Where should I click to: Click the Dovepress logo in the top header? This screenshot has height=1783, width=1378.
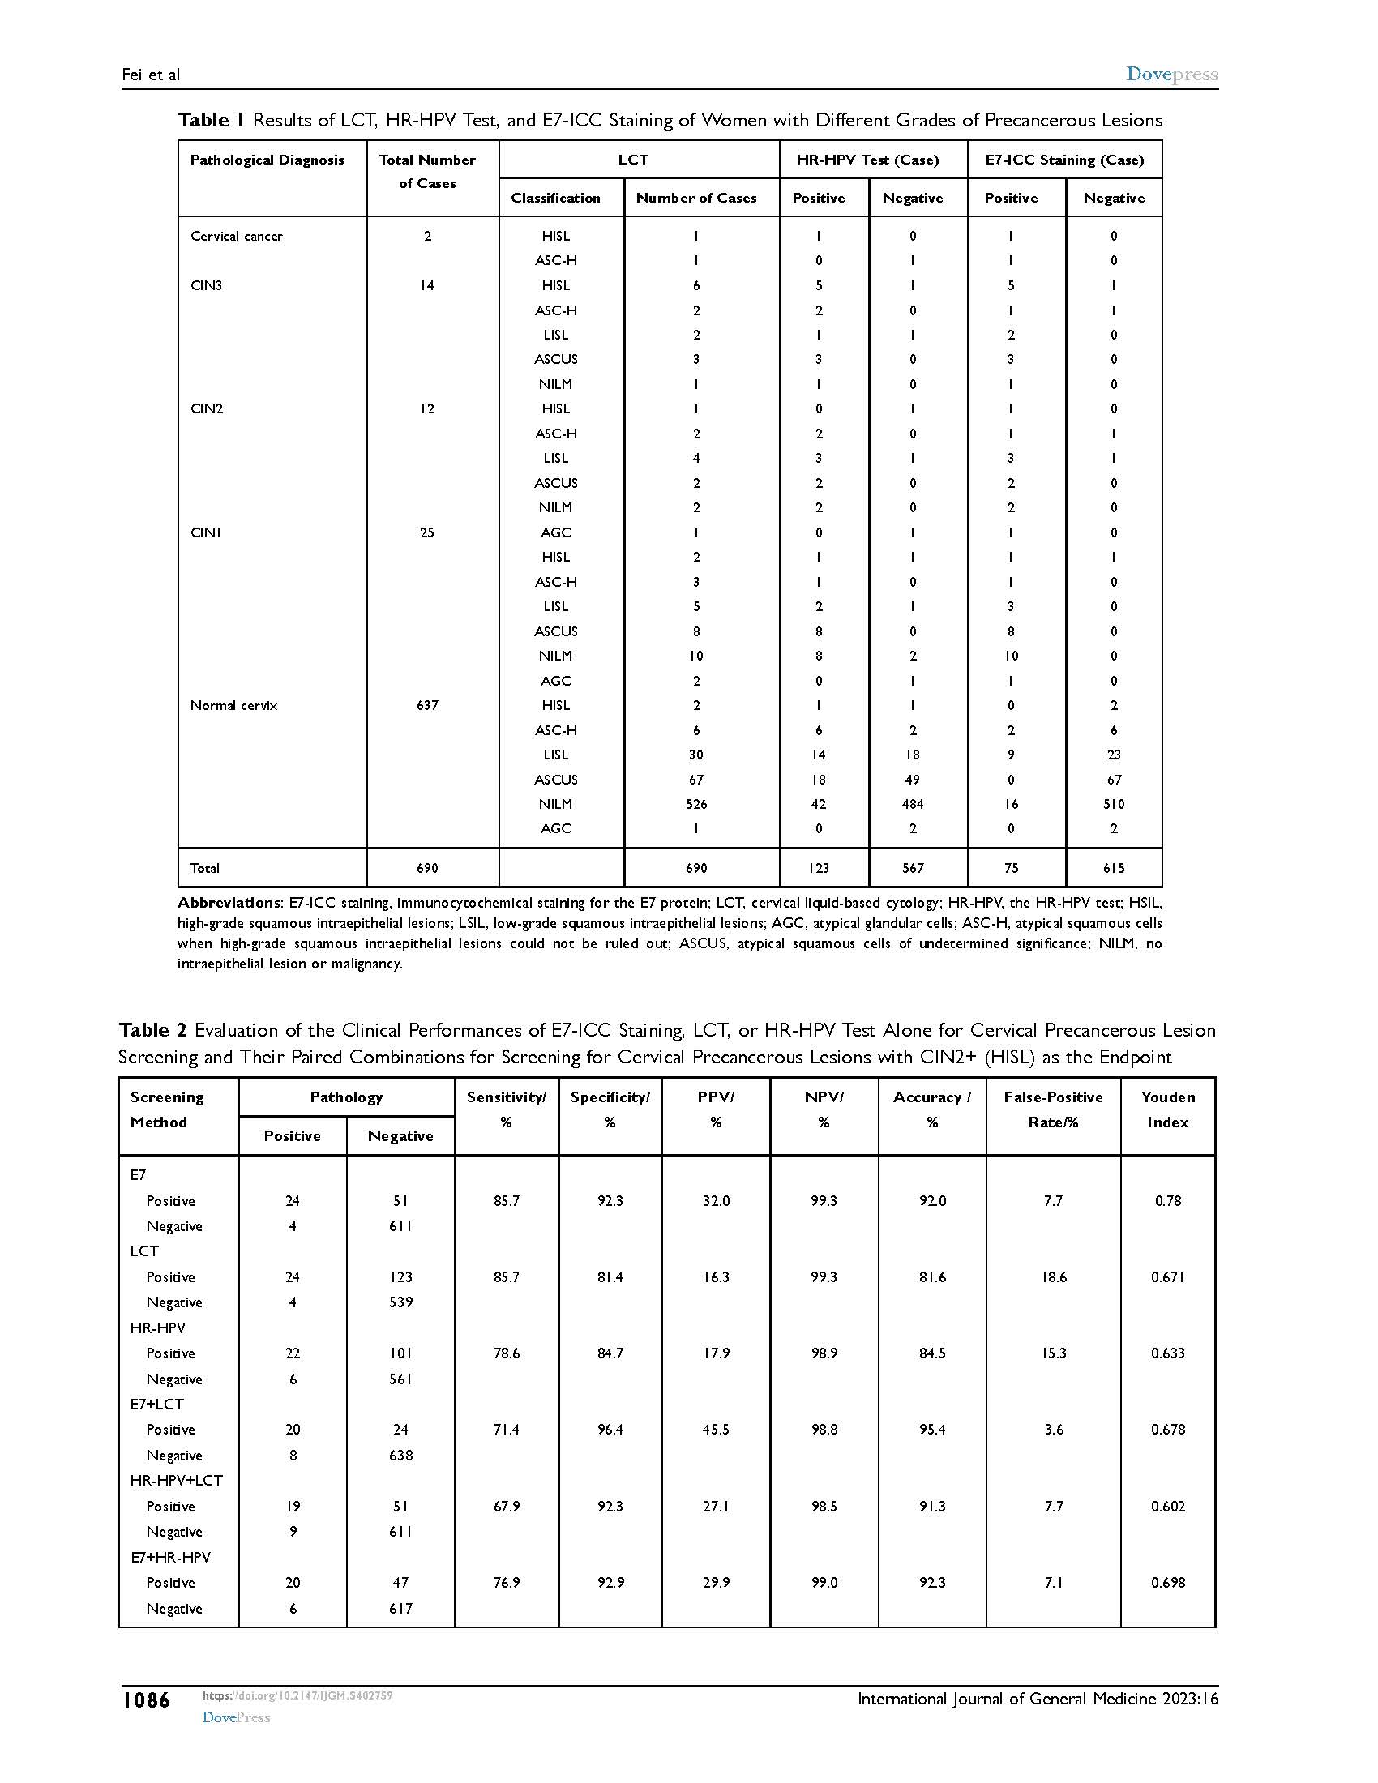(1171, 75)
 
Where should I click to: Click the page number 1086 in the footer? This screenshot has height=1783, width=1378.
(146, 1700)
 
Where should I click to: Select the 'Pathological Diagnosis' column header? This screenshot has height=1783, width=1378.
(267, 160)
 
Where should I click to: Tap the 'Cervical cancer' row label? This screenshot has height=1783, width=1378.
(236, 236)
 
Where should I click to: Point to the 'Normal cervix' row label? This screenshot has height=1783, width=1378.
(233, 705)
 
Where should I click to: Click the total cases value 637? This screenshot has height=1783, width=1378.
(427, 705)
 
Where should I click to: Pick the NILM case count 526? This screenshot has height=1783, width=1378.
(696, 804)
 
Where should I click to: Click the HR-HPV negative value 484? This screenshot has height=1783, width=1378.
(913, 804)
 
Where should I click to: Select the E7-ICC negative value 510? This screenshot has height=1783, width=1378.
(1114, 804)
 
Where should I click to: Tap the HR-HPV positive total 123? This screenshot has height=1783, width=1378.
(819, 868)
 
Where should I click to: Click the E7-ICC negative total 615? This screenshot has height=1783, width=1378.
(1114, 868)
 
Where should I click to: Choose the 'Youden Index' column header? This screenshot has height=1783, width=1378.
(1167, 1110)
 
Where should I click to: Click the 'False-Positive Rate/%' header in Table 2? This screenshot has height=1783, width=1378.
(1053, 1110)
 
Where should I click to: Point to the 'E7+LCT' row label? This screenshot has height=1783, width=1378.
(156, 1405)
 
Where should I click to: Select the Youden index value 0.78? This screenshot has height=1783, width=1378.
(1168, 1201)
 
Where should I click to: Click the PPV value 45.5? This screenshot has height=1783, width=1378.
(716, 1430)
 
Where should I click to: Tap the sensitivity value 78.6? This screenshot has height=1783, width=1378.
(506, 1353)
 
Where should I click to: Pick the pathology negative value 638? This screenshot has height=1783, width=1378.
(400, 1456)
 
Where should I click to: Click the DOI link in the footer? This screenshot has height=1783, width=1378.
(297, 1695)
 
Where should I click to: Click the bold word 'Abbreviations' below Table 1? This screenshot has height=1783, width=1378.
(229, 903)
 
